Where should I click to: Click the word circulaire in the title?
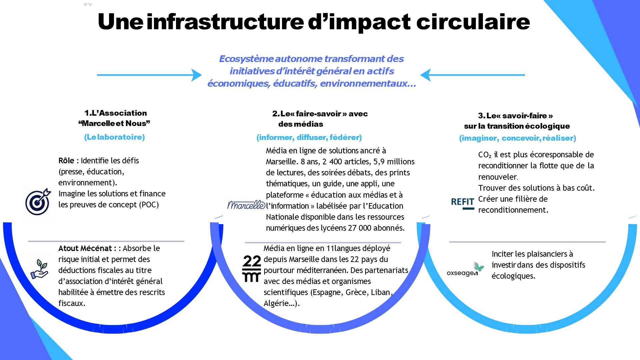[x=473, y=22]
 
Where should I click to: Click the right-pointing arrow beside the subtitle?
[x=149, y=75]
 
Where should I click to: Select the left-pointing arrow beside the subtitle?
[x=473, y=75]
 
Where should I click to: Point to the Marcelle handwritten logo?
[x=246, y=205]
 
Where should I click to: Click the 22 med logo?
[x=252, y=269]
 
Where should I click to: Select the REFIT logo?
[x=462, y=203]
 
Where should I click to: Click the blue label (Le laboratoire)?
[x=114, y=137]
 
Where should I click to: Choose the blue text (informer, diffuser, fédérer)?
[x=309, y=137]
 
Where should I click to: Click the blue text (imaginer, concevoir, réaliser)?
[x=517, y=138]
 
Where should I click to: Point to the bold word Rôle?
[x=66, y=161]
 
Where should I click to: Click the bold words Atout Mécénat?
[x=85, y=248]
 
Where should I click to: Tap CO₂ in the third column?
[x=485, y=155]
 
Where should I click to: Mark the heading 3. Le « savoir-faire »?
[x=515, y=116]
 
